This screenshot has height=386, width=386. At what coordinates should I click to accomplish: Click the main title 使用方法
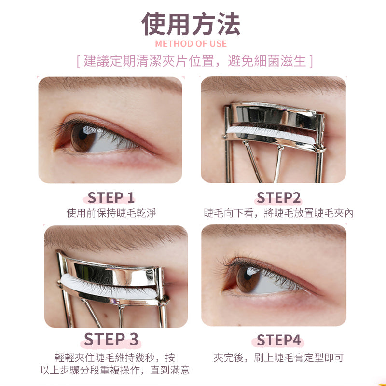pyautogui.click(x=191, y=24)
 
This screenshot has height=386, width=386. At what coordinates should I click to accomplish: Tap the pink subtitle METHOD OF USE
pyautogui.click(x=191, y=44)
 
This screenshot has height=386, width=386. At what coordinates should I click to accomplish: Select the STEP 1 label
pyautogui.click(x=111, y=197)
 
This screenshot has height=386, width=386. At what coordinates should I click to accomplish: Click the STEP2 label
pyautogui.click(x=278, y=197)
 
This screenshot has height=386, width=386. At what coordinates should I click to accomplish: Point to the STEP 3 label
pyautogui.click(x=111, y=339)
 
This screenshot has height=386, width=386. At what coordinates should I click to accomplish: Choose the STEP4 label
pyautogui.click(x=278, y=340)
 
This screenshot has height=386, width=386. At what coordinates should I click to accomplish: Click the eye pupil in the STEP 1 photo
pyautogui.click(x=83, y=136)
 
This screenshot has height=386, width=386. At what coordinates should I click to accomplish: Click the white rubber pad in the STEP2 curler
pyautogui.click(x=271, y=135)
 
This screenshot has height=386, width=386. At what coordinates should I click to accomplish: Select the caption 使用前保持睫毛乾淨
pyautogui.click(x=111, y=213)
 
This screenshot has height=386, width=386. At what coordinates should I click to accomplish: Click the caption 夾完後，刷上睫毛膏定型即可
pyautogui.click(x=278, y=358)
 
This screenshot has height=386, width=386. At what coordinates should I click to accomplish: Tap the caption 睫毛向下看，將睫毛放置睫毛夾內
pyautogui.click(x=278, y=213)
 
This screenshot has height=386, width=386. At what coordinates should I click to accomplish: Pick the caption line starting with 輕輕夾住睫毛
pyautogui.click(x=115, y=358)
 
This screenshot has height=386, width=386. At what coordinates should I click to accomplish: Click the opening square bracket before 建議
pyautogui.click(x=78, y=61)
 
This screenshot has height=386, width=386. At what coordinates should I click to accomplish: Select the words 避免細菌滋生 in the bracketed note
pyautogui.click(x=267, y=61)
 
